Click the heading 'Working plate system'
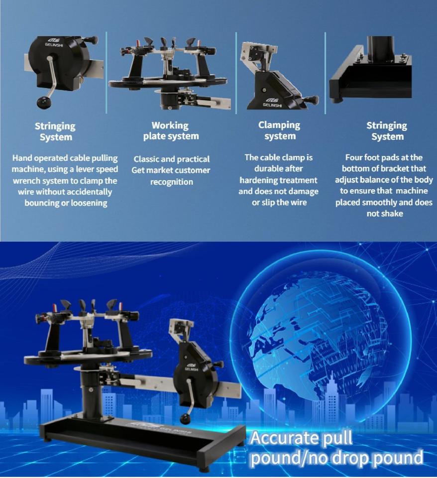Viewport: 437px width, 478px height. [171, 131]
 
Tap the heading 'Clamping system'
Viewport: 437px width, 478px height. [279, 130]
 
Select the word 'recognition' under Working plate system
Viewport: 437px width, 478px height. [172, 182]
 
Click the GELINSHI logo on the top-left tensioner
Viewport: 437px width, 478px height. [54, 42]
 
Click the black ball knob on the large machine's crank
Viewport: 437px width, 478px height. [186, 419]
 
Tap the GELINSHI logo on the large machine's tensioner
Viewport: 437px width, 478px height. [192, 367]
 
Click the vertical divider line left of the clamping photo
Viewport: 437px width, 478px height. [236, 73]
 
